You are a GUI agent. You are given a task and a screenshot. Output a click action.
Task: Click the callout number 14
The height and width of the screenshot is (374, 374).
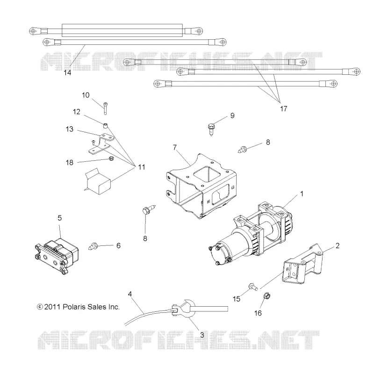click(x=67, y=72)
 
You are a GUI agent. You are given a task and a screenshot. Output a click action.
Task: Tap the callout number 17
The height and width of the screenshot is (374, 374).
click(x=283, y=109)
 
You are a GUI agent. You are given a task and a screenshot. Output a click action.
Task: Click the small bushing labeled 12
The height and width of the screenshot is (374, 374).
click(x=105, y=125)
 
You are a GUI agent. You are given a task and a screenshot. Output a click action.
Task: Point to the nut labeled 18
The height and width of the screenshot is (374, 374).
click(x=111, y=158)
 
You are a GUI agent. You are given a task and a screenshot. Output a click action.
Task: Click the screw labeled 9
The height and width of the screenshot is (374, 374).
click(x=211, y=129)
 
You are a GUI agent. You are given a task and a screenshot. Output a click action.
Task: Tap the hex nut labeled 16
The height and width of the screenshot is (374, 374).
click(x=266, y=296)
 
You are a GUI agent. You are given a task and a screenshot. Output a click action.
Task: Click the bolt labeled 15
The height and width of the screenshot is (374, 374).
click(x=253, y=287)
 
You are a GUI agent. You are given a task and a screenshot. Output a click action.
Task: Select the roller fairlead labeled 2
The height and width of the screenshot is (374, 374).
click(x=302, y=264)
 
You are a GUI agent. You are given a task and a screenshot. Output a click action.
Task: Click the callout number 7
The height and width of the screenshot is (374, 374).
click(x=175, y=147)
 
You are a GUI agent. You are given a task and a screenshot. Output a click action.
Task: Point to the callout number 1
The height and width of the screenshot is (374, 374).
click(x=302, y=194)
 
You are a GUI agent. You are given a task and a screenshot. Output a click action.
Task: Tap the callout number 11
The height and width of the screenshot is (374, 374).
click(x=142, y=167)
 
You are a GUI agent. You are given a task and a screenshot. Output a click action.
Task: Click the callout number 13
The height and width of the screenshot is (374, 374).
click(x=69, y=129)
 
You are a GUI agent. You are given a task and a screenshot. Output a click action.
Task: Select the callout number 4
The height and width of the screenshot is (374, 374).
click(x=130, y=294)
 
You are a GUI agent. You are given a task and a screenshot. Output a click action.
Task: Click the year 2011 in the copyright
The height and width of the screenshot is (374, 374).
click(x=52, y=307)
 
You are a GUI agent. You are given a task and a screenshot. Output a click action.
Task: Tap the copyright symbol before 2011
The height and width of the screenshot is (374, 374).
click(x=40, y=307)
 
